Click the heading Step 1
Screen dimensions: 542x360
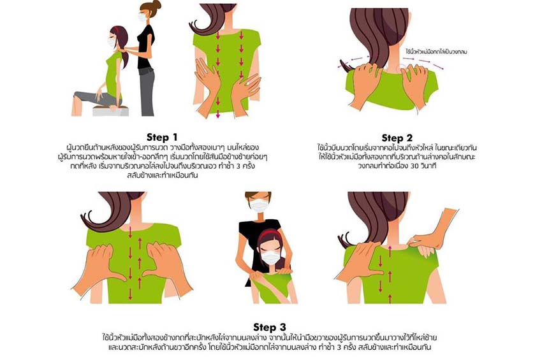pos(162,137)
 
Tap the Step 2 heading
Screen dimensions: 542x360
pos(397,138)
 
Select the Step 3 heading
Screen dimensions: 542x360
pos(270,327)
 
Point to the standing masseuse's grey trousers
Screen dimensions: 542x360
pos(147,92)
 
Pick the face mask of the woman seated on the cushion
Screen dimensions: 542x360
pos(112,43)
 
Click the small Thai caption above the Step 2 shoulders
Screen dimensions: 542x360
pos(437,52)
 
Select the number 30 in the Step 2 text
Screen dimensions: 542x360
pos(414,166)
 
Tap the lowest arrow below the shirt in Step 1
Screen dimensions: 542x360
pos(218,114)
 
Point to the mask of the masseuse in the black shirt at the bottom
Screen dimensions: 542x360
pos(260,205)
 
